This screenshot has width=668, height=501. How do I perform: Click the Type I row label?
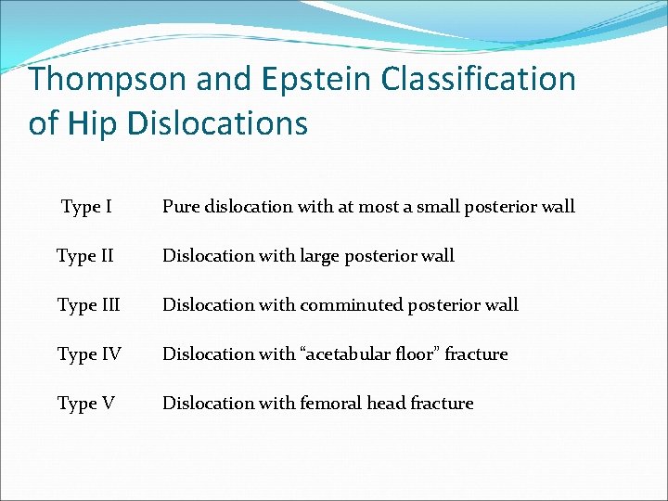[x=86, y=207]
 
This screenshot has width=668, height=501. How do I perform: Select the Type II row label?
[x=84, y=256]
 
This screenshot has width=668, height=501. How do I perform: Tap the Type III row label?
[x=88, y=305]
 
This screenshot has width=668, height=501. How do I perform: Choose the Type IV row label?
[x=88, y=354]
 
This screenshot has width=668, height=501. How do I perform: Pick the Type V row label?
[x=85, y=404]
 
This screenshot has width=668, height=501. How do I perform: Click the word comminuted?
[x=353, y=305]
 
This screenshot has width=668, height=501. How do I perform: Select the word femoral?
[x=331, y=404]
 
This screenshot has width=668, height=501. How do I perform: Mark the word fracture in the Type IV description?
[x=476, y=354]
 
